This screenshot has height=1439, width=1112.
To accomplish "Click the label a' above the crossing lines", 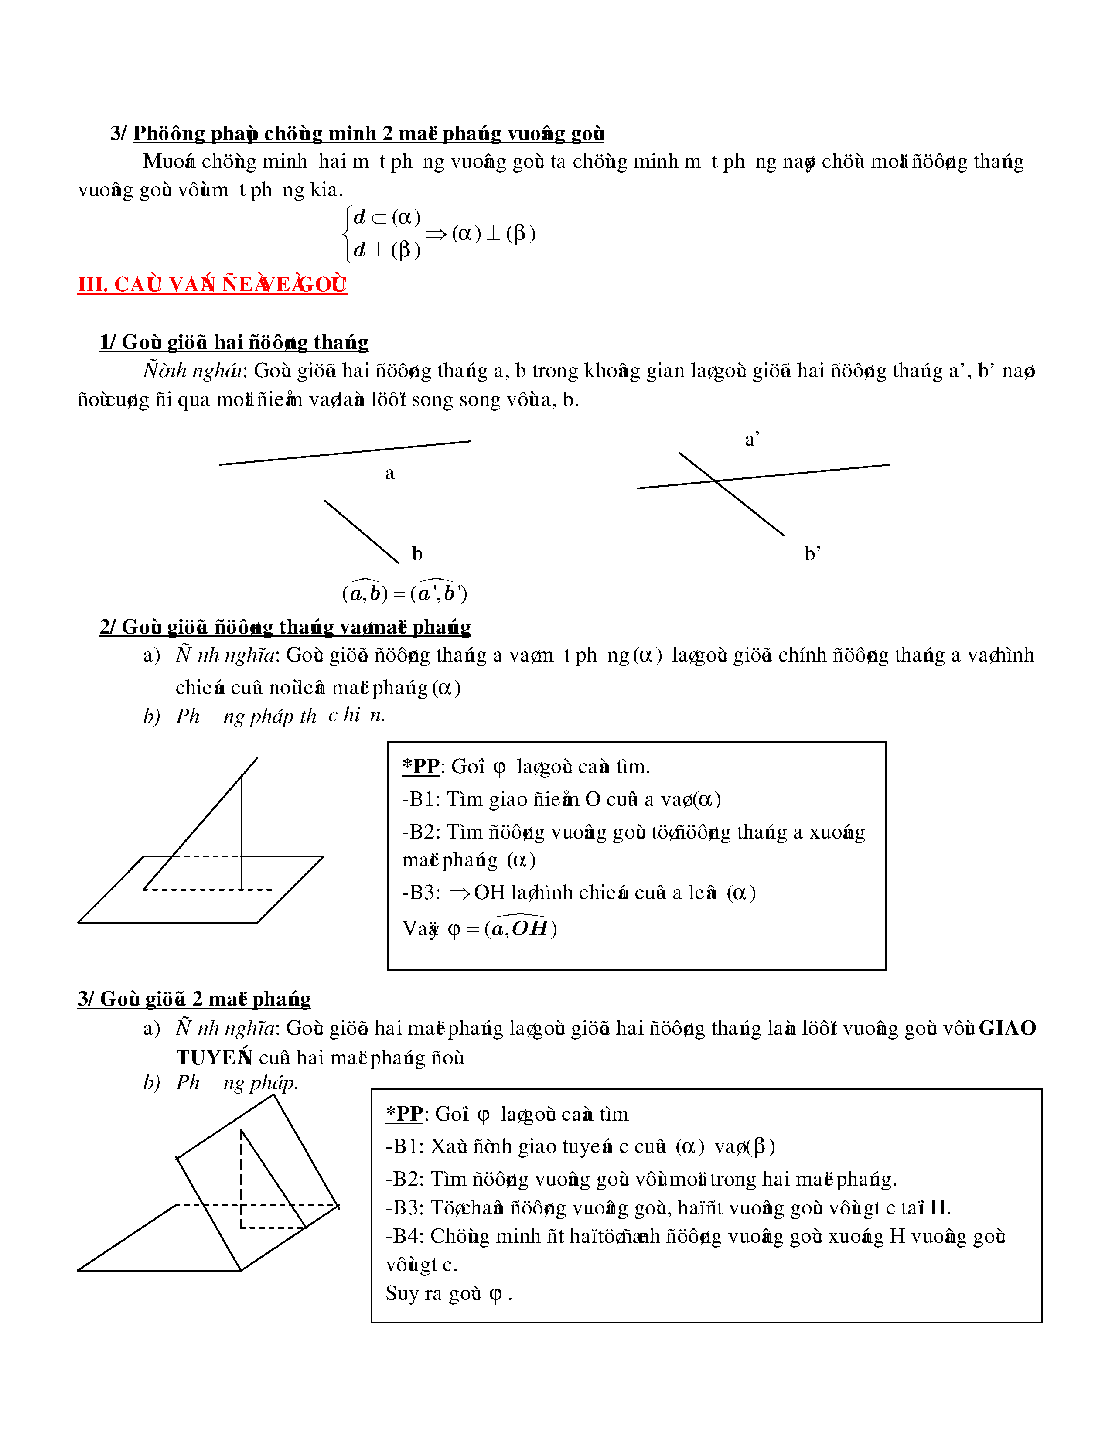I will click(752, 440).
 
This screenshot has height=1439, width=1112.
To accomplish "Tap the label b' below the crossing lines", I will click(812, 553).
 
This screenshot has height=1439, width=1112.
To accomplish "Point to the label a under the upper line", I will click(389, 473).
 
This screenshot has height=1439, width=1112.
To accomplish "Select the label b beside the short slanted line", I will click(417, 553).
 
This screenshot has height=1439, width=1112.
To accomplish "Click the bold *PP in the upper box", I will click(421, 766).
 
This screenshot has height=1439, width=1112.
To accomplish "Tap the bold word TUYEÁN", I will click(214, 1057).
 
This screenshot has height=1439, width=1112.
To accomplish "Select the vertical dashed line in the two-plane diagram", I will click(241, 1180).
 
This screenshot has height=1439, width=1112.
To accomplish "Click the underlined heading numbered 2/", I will click(285, 627).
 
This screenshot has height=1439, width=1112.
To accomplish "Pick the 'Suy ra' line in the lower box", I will click(448, 1293).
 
